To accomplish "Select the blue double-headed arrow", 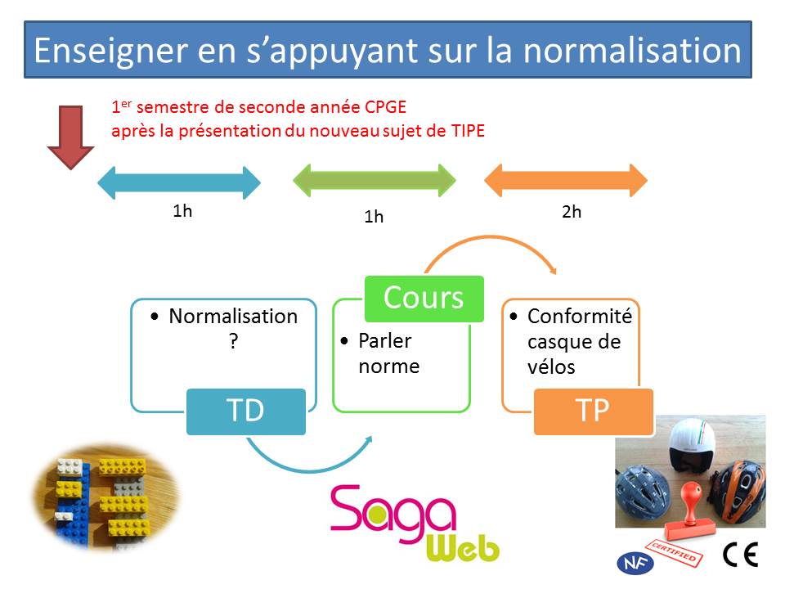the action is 179,182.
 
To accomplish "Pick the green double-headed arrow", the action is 374,180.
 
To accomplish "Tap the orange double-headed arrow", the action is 566,180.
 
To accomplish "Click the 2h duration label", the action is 572,212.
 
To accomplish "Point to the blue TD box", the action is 246,411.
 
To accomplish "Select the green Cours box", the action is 424,299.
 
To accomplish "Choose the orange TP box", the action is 594,411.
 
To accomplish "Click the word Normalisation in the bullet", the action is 233,317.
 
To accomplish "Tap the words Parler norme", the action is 389,353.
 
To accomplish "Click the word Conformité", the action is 580,317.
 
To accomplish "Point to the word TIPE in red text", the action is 468,131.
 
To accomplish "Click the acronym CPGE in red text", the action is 385,107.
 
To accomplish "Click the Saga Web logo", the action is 415,523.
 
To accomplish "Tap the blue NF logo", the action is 635,563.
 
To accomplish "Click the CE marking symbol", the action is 741,554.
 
